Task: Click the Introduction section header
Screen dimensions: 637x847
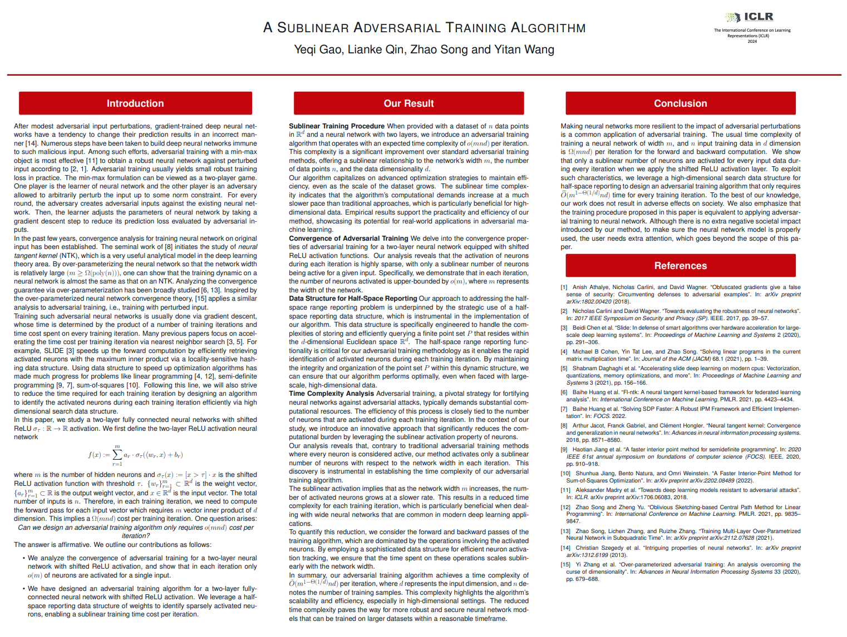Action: (x=135, y=103)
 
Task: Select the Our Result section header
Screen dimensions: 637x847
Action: (x=408, y=103)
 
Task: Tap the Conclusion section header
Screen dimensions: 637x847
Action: (x=680, y=103)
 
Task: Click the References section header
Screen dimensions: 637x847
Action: (x=680, y=266)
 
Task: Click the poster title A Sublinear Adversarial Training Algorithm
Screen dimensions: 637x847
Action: (x=424, y=28)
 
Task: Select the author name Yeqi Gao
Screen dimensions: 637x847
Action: (x=318, y=49)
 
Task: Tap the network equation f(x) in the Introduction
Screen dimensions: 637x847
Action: (x=136, y=455)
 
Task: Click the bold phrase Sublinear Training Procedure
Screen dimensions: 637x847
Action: (x=336, y=126)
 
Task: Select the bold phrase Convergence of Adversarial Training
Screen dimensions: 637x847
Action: (x=348, y=238)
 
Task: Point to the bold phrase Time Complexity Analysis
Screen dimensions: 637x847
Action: (x=331, y=394)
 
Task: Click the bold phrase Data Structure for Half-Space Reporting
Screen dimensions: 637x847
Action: (x=353, y=298)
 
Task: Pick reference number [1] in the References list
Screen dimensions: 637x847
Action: (x=564, y=287)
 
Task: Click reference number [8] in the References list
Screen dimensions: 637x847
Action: (x=564, y=426)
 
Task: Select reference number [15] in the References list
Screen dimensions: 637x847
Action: (x=565, y=565)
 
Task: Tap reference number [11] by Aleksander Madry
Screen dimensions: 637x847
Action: (x=565, y=490)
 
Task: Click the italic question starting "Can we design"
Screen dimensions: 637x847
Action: (x=136, y=531)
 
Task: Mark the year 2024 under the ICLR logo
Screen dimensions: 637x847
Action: (x=752, y=41)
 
